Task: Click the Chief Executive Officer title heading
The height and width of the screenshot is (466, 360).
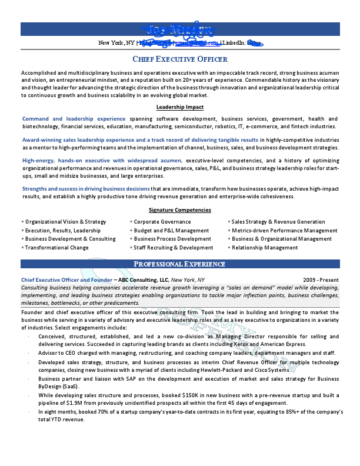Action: point(179,59)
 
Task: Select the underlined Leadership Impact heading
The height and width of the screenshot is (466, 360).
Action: point(179,107)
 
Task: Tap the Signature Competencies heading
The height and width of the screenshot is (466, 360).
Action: point(179,210)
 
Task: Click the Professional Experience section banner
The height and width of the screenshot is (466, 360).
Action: point(179,264)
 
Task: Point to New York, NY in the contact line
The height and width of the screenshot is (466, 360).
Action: point(116,43)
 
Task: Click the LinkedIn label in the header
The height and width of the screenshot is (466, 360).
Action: point(234,43)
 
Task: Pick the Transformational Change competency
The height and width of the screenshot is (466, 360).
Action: point(57,248)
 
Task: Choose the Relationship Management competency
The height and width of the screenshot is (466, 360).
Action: point(265,248)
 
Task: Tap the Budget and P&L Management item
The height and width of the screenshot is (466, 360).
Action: point(171,231)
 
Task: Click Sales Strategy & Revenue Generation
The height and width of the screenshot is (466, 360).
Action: point(278,222)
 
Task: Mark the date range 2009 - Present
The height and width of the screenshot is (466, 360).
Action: point(321,280)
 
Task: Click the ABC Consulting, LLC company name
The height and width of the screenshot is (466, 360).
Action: point(144,280)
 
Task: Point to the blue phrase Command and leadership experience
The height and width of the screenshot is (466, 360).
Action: point(74,119)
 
